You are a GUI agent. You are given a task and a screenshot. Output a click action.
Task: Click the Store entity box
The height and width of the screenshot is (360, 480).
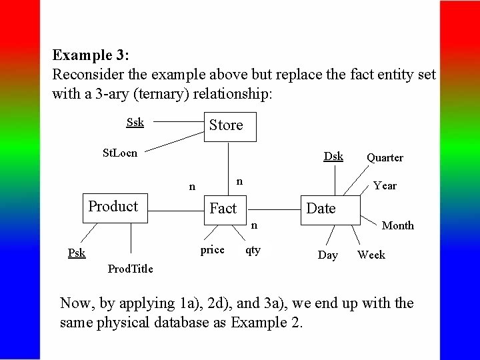point(229,125)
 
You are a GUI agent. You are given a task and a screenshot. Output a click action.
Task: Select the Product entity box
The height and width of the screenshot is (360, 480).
point(114,207)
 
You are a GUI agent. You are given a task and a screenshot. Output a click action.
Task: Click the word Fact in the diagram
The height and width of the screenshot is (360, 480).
point(223,209)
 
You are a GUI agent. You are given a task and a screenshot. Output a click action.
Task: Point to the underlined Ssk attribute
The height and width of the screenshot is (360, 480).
point(135,122)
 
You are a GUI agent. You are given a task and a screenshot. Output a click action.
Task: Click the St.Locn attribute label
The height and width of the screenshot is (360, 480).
point(120,153)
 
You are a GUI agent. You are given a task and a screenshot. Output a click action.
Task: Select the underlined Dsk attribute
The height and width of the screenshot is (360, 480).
point(333,156)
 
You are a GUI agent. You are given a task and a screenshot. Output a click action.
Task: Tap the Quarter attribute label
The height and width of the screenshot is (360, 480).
point(385,158)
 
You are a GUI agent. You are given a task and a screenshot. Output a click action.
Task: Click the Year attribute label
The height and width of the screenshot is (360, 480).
point(385,186)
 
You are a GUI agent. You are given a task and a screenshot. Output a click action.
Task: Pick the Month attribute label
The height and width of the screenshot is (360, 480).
point(397,226)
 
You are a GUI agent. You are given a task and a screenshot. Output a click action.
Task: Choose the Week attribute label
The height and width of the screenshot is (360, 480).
point(371,255)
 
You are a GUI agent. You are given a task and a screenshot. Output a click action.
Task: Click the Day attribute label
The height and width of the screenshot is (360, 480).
point(327,255)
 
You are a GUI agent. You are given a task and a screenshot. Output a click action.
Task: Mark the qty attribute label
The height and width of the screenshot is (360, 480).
point(253,250)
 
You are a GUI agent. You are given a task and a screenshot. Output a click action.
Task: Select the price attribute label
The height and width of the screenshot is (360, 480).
point(212,250)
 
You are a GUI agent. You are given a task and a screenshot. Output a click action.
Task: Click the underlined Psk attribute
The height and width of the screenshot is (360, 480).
point(77,253)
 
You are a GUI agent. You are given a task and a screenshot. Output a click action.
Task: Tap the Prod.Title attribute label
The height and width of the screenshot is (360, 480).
point(130,269)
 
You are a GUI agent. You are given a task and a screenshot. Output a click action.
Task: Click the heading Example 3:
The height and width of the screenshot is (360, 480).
point(91,55)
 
